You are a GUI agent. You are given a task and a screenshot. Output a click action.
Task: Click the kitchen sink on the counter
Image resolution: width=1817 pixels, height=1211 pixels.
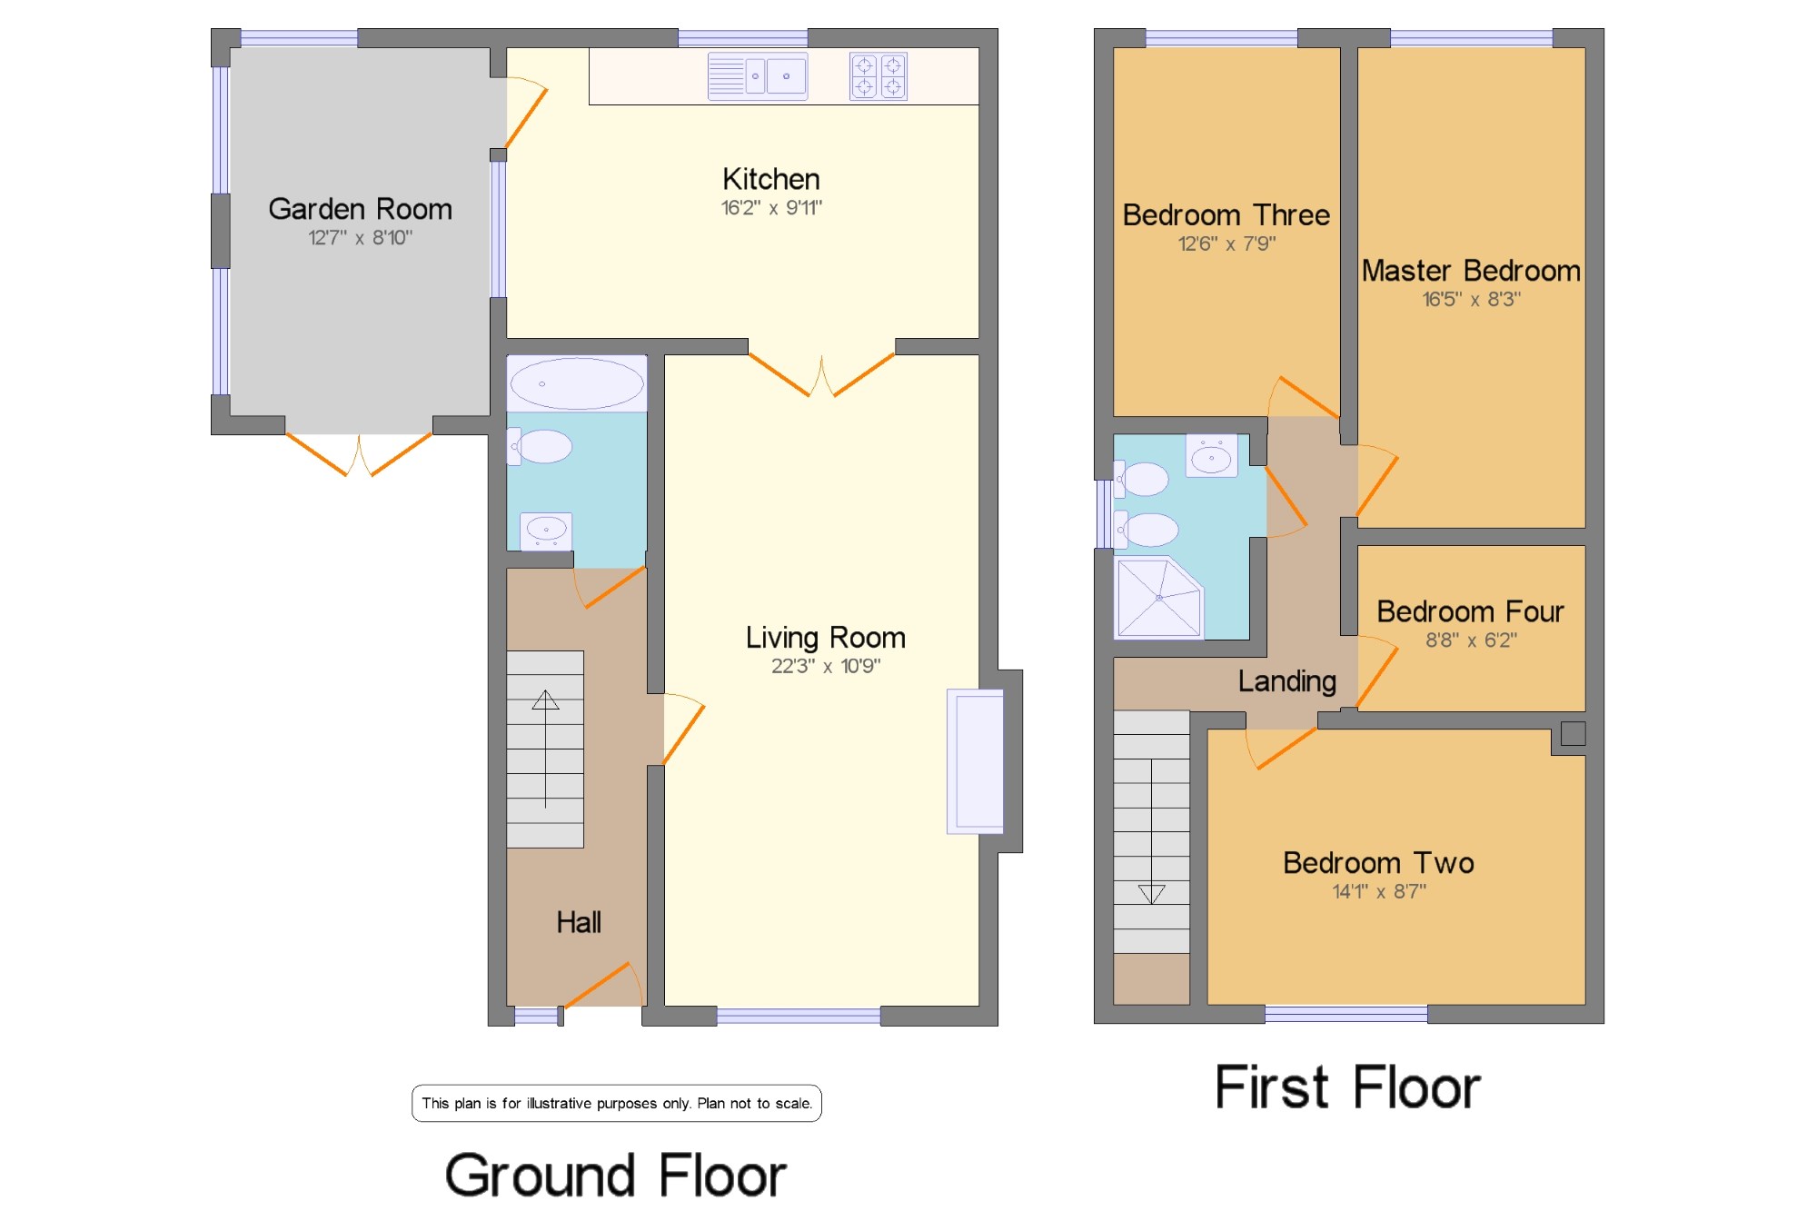pos(758,76)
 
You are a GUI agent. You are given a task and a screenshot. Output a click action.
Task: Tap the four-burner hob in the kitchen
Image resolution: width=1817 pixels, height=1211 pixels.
pos(879,76)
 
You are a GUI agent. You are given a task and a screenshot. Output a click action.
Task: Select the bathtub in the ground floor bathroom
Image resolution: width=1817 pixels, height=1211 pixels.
pos(577,383)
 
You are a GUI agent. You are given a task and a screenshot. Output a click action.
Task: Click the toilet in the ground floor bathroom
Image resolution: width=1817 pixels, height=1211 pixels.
pos(540,446)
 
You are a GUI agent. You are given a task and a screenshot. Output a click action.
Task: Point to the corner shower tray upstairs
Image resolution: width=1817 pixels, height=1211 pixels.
pos(1158,597)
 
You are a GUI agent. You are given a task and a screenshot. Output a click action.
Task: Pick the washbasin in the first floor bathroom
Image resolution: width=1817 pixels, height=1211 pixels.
pos(1211,456)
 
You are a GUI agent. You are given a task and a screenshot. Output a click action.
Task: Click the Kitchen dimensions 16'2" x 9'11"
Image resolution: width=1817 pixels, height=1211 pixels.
pos(771,208)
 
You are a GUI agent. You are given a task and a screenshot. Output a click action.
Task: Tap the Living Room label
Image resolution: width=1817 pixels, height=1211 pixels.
pos(825,638)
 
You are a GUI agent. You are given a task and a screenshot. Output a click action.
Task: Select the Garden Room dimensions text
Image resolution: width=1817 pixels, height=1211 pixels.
pos(360,238)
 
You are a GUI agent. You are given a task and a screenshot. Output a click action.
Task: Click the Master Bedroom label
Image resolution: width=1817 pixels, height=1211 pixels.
pos(1471,271)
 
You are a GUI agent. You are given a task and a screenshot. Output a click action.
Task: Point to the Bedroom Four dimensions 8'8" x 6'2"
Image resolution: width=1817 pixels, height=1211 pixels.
pos(1471,640)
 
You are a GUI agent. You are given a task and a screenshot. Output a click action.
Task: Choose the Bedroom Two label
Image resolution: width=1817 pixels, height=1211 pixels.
pos(1378,863)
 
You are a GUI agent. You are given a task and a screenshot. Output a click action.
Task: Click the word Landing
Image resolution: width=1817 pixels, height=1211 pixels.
pos(1286,681)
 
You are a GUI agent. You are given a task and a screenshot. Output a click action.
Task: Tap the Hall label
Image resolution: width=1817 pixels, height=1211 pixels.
pos(579,923)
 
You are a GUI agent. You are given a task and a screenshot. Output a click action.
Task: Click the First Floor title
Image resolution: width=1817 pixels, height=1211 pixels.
pos(1347,1087)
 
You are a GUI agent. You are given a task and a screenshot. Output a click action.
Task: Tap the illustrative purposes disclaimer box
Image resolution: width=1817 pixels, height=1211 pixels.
pos(617,1104)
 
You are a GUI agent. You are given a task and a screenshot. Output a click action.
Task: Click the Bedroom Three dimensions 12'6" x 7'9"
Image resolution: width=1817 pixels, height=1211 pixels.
pos(1226,243)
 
